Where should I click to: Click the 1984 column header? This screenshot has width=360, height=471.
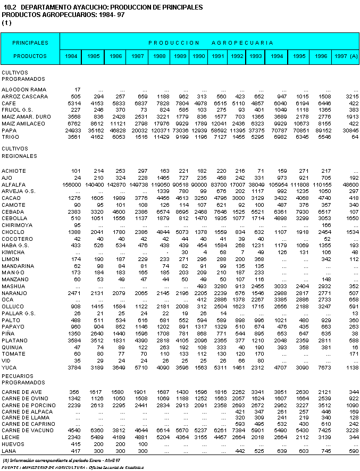coord(72,56)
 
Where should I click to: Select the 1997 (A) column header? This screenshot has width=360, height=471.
coord(346,56)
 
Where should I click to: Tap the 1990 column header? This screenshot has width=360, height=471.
coord(200,56)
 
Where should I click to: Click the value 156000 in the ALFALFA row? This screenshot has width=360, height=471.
coord(72,183)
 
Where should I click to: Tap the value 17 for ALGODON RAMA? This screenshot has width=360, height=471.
coord(78,89)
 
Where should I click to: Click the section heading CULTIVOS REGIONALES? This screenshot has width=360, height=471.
coord(19,153)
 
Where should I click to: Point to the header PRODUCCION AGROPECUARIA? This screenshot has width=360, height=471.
coord(211,42)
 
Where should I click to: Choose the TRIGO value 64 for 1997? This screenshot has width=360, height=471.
coord(355,137)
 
